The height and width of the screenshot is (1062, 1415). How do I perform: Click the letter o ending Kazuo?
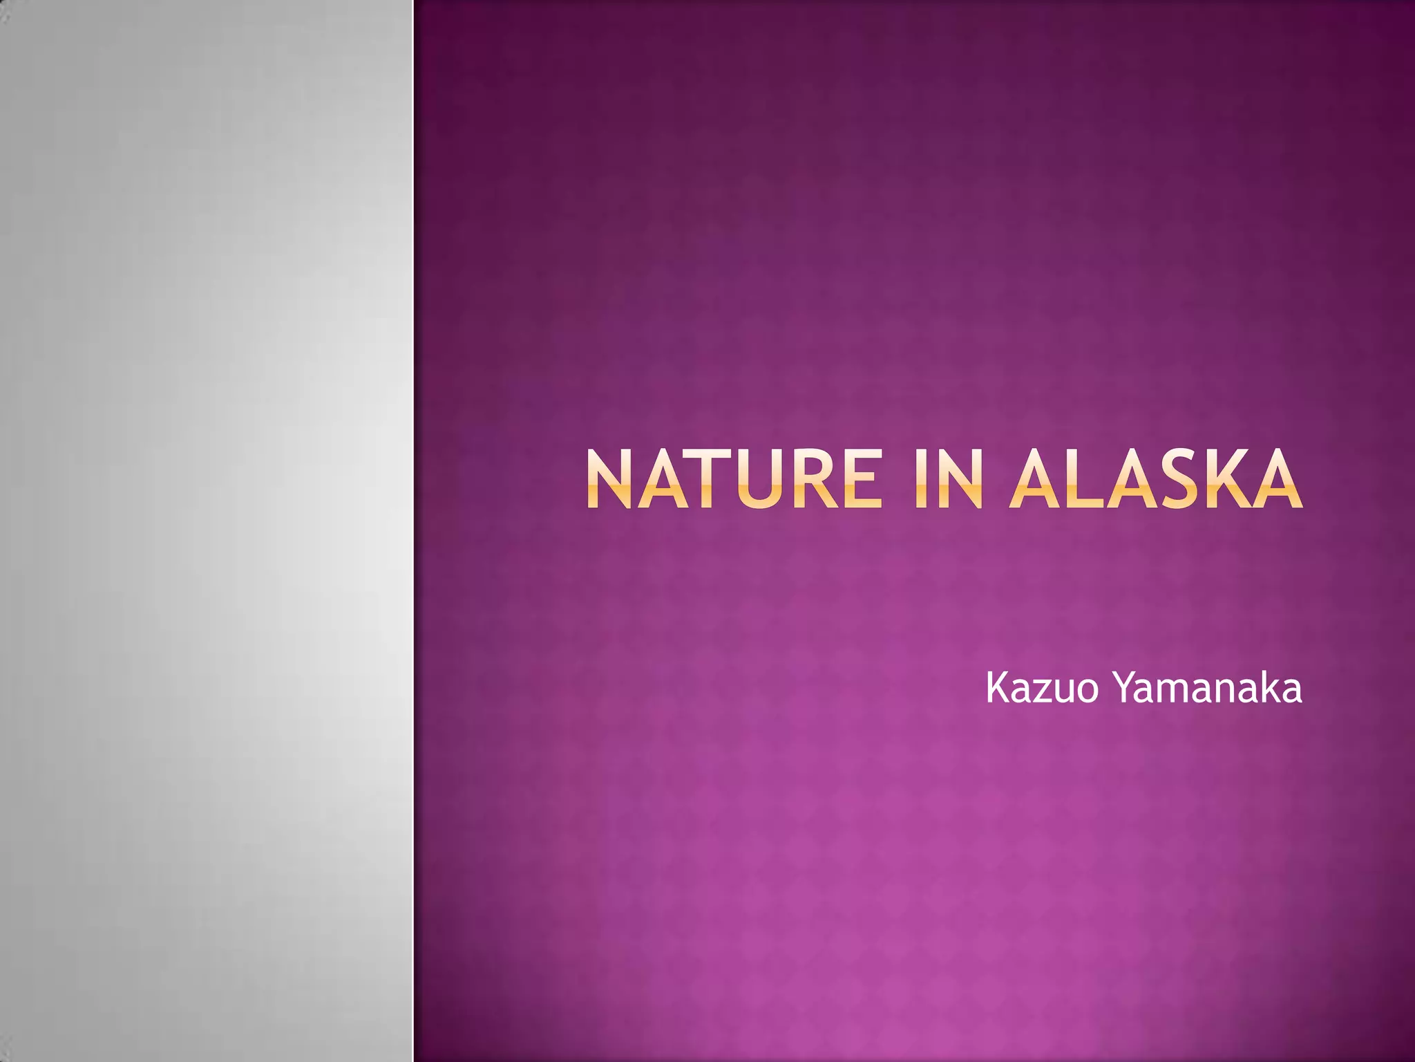(x=1088, y=691)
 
